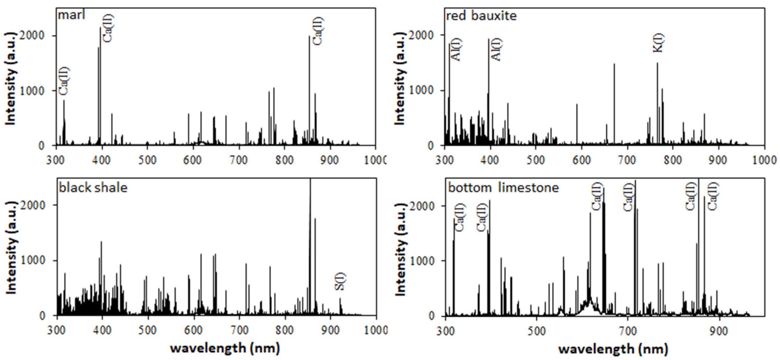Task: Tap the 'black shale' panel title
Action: coord(93,188)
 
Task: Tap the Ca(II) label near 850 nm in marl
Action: coord(318,31)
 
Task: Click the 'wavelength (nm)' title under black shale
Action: coord(225,348)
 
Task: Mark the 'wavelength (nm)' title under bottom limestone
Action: coord(613,349)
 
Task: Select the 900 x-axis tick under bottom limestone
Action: coord(719,331)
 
